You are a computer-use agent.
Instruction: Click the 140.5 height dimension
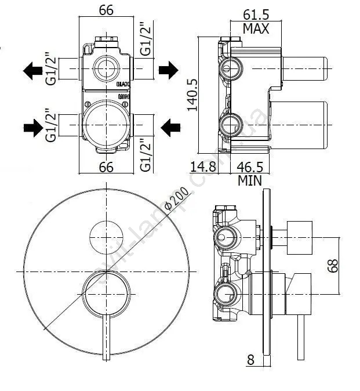(193, 95)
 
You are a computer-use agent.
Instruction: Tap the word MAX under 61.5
(256, 28)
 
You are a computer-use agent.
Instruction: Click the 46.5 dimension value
(250, 166)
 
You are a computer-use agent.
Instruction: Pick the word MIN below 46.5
(250, 180)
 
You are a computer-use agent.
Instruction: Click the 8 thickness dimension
(250, 360)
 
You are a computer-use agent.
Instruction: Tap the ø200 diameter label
(175, 199)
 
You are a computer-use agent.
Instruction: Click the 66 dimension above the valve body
(106, 10)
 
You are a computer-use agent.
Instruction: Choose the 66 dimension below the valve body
(106, 168)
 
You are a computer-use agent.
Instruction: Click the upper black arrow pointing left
(33, 71)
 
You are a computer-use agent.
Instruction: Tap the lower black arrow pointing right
(33, 125)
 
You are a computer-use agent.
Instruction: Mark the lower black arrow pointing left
(169, 125)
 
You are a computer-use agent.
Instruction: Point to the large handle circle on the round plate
(106, 296)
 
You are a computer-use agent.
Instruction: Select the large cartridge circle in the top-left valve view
(106, 123)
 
